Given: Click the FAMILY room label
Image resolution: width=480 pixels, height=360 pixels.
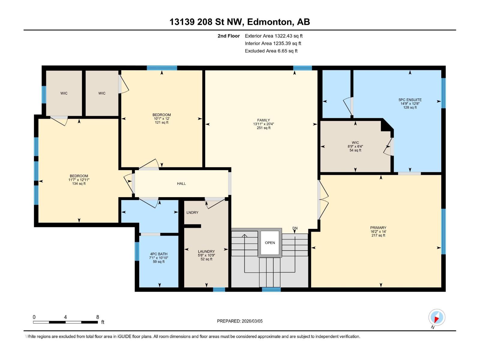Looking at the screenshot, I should (263, 120).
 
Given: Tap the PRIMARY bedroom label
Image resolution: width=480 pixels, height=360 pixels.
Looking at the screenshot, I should (378, 228).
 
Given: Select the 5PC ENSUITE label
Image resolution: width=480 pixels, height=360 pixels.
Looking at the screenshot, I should (410, 100).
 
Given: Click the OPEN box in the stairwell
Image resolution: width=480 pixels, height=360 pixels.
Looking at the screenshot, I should (270, 243).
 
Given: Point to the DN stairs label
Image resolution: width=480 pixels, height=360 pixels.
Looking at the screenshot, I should (295, 228).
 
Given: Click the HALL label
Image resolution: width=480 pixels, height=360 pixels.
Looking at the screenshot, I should (181, 184).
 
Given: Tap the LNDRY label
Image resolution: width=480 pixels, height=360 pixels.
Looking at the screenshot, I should (192, 212).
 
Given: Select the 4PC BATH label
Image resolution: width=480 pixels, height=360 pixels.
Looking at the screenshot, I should (159, 254).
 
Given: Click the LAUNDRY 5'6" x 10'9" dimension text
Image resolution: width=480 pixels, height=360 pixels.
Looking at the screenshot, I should (206, 255).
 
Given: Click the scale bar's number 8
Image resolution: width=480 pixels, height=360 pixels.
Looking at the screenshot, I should (97, 317).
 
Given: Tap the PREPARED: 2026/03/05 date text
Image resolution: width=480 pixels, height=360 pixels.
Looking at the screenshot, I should (240, 321).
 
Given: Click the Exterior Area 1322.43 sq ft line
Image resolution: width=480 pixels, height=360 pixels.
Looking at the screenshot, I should (274, 36).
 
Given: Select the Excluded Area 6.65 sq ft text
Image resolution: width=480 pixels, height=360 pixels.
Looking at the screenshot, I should (271, 51).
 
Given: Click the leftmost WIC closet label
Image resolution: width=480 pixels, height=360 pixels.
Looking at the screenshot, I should (64, 93).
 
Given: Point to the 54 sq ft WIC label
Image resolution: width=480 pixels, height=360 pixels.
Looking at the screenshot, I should (355, 150).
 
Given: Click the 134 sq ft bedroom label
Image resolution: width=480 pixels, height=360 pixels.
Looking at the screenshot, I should (79, 184).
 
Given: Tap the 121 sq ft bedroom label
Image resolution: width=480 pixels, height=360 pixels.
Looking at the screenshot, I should (161, 122).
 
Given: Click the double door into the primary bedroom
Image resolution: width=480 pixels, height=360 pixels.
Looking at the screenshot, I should (322, 199).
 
